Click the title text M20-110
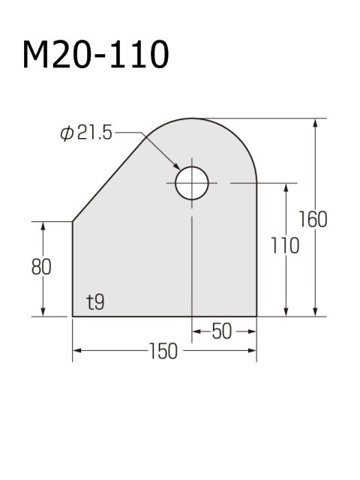[x=95, y=55]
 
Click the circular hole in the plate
[x=192, y=183]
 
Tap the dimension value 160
[x=312, y=220]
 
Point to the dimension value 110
[x=285, y=245]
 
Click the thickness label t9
[x=95, y=303]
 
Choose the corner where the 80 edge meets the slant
[x=72, y=221]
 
